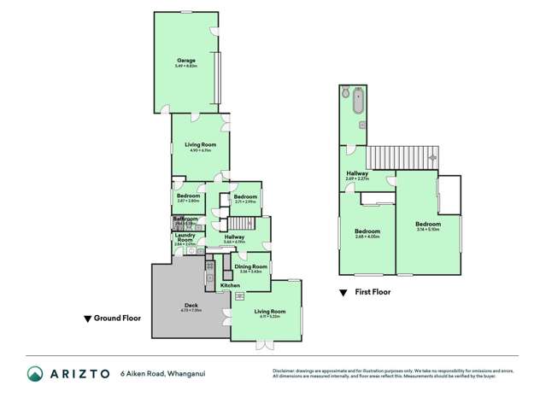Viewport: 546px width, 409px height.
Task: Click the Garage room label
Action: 186,61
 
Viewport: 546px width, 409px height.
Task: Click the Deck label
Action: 191,305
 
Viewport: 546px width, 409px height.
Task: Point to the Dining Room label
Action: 251,266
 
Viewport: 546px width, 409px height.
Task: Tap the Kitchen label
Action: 230,285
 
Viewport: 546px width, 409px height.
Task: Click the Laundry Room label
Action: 185,237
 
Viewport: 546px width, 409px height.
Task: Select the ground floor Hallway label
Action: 235,237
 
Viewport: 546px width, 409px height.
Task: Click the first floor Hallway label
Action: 357,173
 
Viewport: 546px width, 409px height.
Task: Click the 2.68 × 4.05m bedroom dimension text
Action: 367,237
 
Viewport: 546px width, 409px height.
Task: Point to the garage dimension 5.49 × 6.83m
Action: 186,66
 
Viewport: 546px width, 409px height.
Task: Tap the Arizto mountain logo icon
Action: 35,374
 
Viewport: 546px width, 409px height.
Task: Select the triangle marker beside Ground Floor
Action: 88,319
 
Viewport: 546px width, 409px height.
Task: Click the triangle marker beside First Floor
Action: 343,293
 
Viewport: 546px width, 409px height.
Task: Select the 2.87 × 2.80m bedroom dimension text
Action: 187,201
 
